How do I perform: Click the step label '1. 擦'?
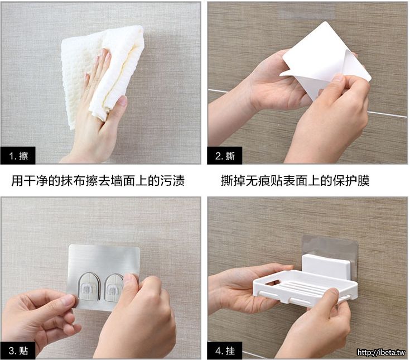click(18, 156)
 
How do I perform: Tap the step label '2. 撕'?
click(225, 156)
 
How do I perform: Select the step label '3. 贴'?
click(18, 351)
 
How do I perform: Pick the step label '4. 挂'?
click(225, 351)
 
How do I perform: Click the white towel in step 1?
click(102, 76)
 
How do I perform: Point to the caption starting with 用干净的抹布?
click(98, 180)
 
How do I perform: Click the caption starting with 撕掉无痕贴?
click(295, 180)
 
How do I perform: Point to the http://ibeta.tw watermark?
click(381, 352)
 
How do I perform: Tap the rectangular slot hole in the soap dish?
click(272, 282)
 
